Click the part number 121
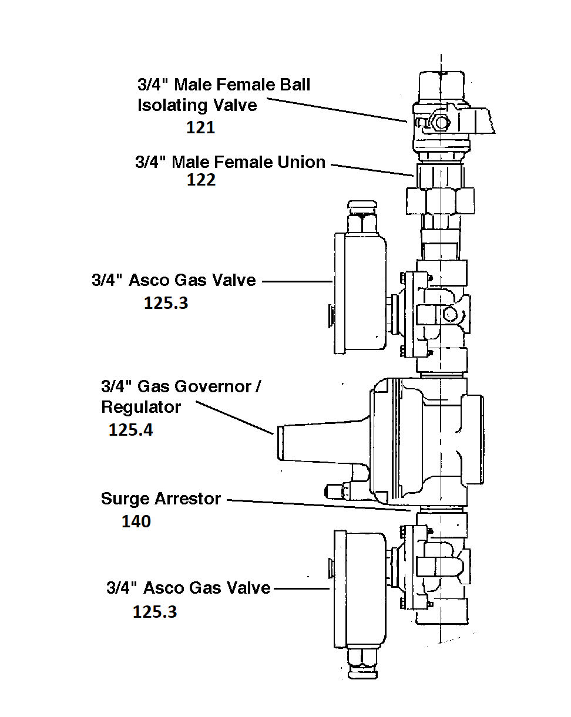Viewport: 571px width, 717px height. [x=200, y=127]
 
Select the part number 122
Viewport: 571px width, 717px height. [x=201, y=180]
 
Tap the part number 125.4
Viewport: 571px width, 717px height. [x=130, y=430]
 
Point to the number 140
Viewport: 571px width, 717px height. [x=136, y=521]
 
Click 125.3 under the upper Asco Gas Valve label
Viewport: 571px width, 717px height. [x=166, y=303]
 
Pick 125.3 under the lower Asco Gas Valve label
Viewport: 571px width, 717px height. [x=154, y=612]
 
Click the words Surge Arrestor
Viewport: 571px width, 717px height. [x=161, y=499]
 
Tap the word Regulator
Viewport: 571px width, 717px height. [x=141, y=406]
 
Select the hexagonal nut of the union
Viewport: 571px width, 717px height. [x=440, y=201]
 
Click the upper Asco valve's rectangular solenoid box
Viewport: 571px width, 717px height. [x=360, y=293]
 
